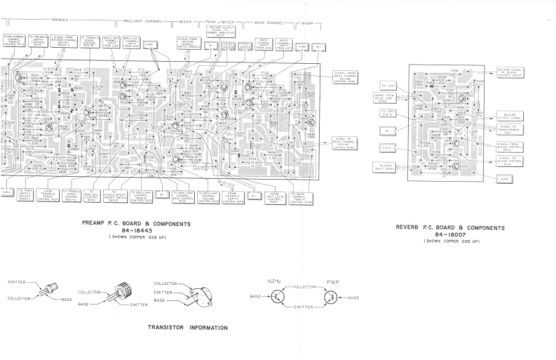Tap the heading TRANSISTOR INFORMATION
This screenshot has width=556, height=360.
(188, 328)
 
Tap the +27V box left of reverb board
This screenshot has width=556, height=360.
(386, 148)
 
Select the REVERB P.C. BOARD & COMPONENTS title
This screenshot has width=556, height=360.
(450, 227)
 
